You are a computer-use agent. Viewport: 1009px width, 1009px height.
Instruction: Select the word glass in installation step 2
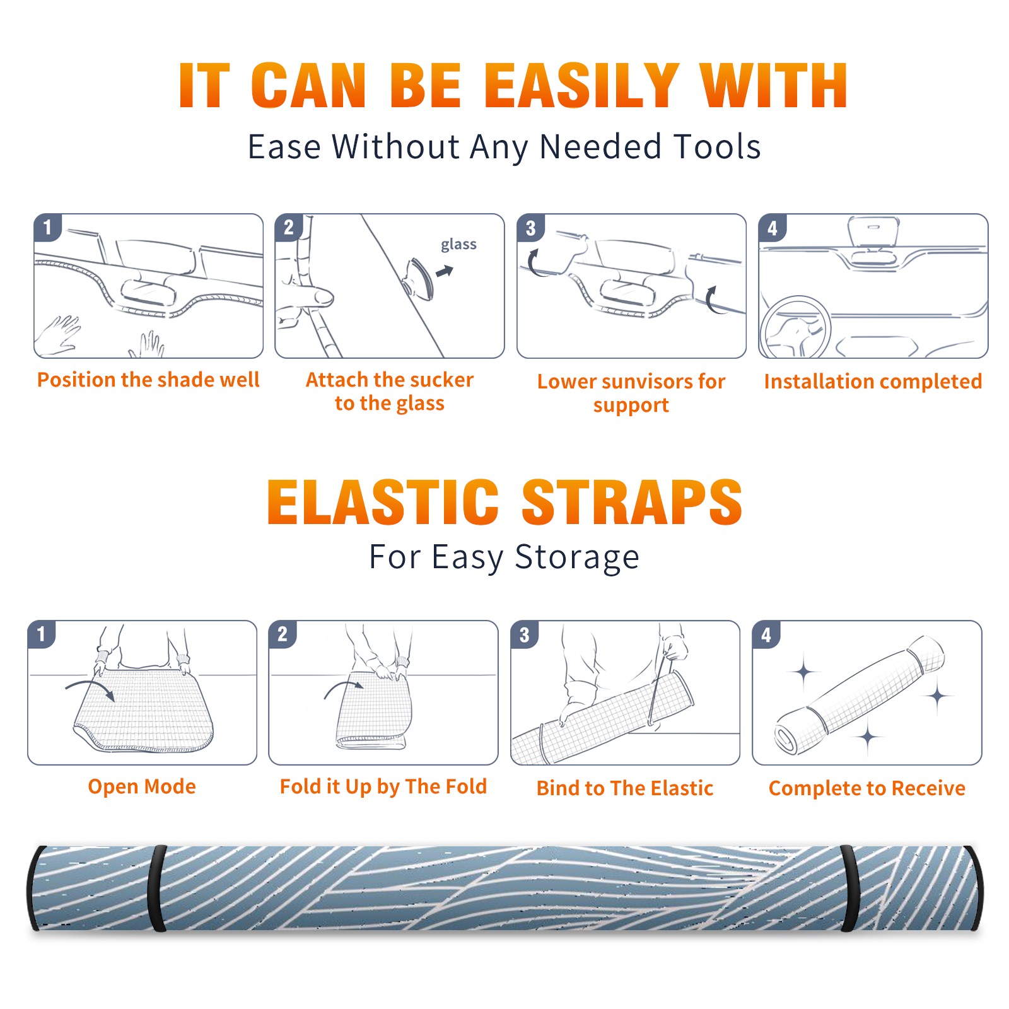tap(458, 245)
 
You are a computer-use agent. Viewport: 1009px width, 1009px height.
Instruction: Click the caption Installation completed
tap(873, 382)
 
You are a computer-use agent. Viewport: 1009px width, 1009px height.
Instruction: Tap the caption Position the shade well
tap(148, 380)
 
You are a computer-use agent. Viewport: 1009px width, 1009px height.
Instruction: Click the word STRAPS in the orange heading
tap(632, 502)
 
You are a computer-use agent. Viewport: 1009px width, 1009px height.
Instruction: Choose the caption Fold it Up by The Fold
tap(383, 786)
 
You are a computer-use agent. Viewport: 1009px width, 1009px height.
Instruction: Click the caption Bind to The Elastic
tap(625, 788)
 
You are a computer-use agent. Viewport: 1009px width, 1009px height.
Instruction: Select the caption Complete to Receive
tap(867, 788)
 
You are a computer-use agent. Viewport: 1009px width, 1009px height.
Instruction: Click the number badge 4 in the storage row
tap(766, 634)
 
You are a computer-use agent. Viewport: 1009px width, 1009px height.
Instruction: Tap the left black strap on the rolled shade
tap(157, 888)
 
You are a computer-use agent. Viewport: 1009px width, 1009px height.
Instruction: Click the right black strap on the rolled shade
tap(849, 888)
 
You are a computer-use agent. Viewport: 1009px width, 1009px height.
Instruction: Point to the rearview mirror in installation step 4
tap(873, 232)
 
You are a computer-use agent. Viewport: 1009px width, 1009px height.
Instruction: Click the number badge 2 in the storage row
tap(283, 634)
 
